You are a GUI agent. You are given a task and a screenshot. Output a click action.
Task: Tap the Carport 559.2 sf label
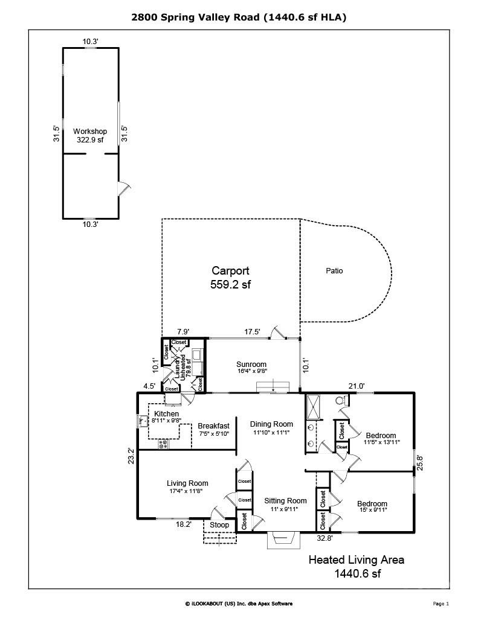coord(230,278)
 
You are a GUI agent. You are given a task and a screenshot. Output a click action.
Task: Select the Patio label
coord(334,271)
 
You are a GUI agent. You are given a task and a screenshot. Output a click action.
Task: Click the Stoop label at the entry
coord(219,525)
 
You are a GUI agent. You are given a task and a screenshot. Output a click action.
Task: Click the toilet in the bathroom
coord(341,400)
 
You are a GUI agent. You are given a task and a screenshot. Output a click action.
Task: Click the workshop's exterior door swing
coord(123,188)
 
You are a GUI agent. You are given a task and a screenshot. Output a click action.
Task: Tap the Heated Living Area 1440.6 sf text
coord(356,566)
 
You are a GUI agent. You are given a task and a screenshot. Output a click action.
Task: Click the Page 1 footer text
coord(441,604)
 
